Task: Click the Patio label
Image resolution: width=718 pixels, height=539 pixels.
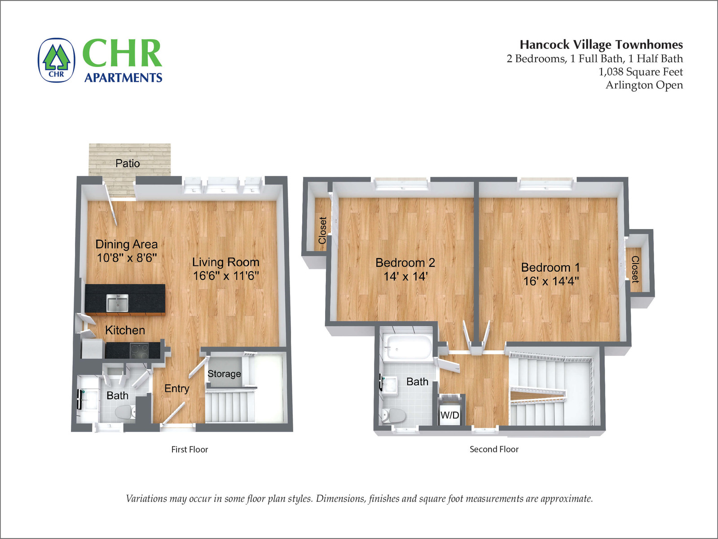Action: (128, 163)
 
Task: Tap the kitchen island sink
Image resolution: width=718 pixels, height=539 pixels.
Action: (118, 303)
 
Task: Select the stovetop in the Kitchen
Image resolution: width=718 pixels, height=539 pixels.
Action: (139, 350)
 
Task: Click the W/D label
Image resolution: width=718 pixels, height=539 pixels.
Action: (450, 415)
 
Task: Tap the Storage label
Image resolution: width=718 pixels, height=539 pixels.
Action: (224, 374)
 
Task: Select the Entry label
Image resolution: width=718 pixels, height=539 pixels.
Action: (176, 389)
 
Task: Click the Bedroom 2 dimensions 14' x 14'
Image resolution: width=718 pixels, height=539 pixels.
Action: (405, 276)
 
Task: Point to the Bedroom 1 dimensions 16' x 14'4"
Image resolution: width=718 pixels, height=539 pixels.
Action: (551, 281)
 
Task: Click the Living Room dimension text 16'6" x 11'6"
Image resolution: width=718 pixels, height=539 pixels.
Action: (226, 276)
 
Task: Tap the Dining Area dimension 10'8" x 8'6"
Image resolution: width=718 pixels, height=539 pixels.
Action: (127, 258)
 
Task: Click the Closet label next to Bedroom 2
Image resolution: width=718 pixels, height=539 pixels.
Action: (322, 230)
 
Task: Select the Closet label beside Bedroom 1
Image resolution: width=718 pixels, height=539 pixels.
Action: (635, 269)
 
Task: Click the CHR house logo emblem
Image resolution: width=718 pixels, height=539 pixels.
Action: (57, 60)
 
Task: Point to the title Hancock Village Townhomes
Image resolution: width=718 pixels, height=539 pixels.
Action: (601, 44)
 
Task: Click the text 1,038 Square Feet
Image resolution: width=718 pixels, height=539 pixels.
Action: (640, 71)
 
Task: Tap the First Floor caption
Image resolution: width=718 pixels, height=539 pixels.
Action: (190, 449)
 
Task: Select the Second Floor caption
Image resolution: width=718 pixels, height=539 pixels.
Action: (494, 449)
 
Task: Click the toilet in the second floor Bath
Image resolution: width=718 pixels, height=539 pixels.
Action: (393, 415)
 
